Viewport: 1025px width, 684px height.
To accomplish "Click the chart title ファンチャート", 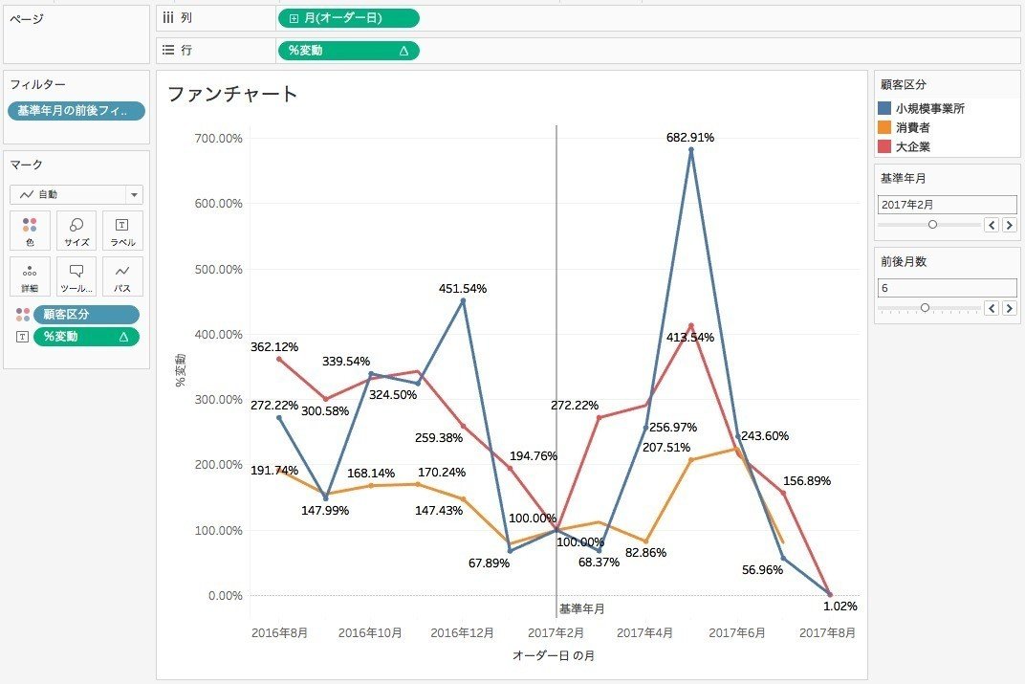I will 232,94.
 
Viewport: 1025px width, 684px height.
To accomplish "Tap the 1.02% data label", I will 840,606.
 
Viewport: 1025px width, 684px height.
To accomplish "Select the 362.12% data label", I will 274,346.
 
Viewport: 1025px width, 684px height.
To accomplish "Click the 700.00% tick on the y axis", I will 218,139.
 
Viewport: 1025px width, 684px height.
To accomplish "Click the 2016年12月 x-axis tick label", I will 462,632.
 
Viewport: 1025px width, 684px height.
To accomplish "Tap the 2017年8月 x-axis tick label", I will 827,632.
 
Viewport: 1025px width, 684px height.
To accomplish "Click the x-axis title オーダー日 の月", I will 553,655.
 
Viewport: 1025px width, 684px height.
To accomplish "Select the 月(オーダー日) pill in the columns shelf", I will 348,18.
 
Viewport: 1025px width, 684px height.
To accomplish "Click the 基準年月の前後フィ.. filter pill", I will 76,111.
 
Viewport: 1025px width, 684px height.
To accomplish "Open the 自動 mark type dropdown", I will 76,194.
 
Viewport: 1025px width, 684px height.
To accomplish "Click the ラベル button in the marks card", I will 122,231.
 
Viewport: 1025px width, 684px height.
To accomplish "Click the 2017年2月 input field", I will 947,205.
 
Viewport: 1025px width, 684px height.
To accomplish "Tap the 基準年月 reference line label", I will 581,608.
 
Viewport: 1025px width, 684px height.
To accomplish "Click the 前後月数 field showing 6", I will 947,287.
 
